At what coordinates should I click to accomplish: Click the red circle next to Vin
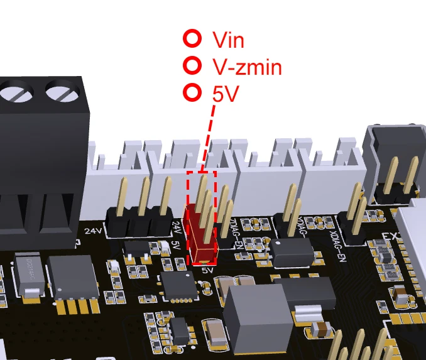click(192, 39)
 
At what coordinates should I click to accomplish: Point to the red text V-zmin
click(247, 67)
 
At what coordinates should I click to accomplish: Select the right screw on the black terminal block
click(58, 93)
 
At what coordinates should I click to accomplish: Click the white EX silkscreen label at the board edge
click(390, 238)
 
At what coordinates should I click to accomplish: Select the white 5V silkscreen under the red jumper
click(208, 270)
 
